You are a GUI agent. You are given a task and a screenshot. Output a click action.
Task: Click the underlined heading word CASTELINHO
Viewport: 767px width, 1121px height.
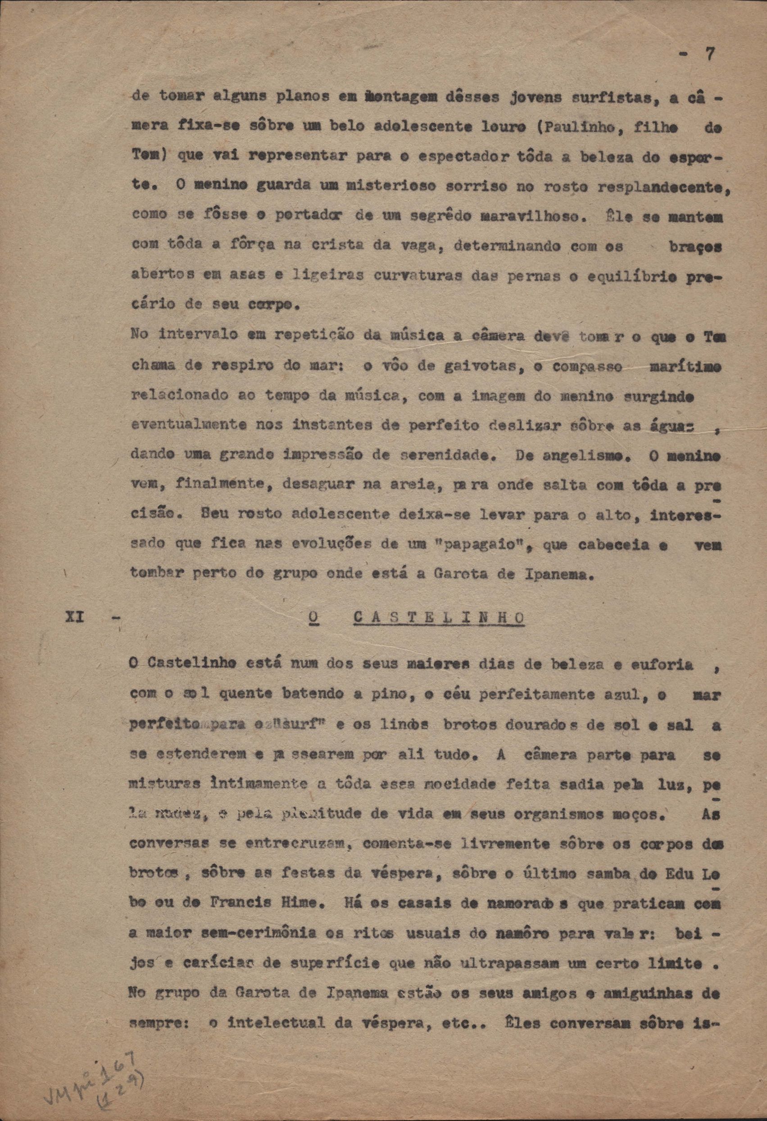pos(439,617)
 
